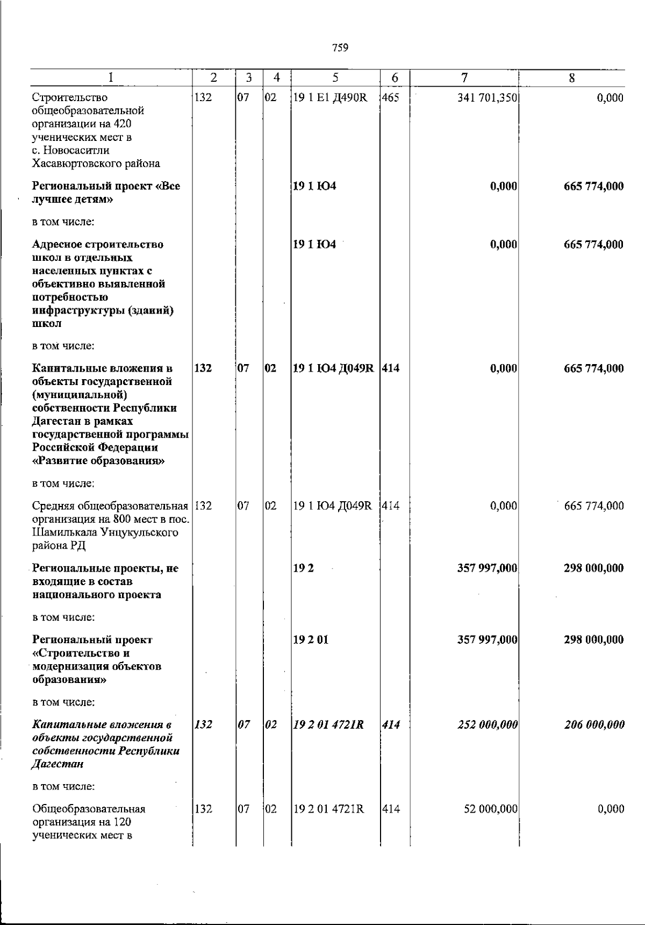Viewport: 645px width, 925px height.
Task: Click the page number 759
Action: pyautogui.click(x=340, y=48)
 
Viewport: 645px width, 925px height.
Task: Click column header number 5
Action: pyautogui.click(x=335, y=78)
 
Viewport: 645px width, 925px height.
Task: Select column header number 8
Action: pyautogui.click(x=572, y=78)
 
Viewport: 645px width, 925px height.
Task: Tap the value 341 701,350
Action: pyautogui.click(x=487, y=98)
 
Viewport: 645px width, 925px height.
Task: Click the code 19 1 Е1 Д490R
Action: pyautogui.click(x=329, y=98)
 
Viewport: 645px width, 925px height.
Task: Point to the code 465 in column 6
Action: pyautogui.click(x=391, y=98)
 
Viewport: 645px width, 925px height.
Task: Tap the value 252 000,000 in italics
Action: pyautogui.click(x=487, y=725)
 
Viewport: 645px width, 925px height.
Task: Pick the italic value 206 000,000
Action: pyautogui.click(x=594, y=725)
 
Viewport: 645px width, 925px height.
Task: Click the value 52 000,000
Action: pyautogui.click(x=491, y=809)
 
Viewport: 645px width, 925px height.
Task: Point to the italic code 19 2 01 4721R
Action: pyautogui.click(x=328, y=725)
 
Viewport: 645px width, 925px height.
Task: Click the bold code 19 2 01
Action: pyautogui.click(x=311, y=640)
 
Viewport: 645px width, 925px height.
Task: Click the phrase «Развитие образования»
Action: pyautogui.click(x=98, y=461)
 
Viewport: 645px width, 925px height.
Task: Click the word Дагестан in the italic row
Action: pyautogui.click(x=54, y=764)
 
